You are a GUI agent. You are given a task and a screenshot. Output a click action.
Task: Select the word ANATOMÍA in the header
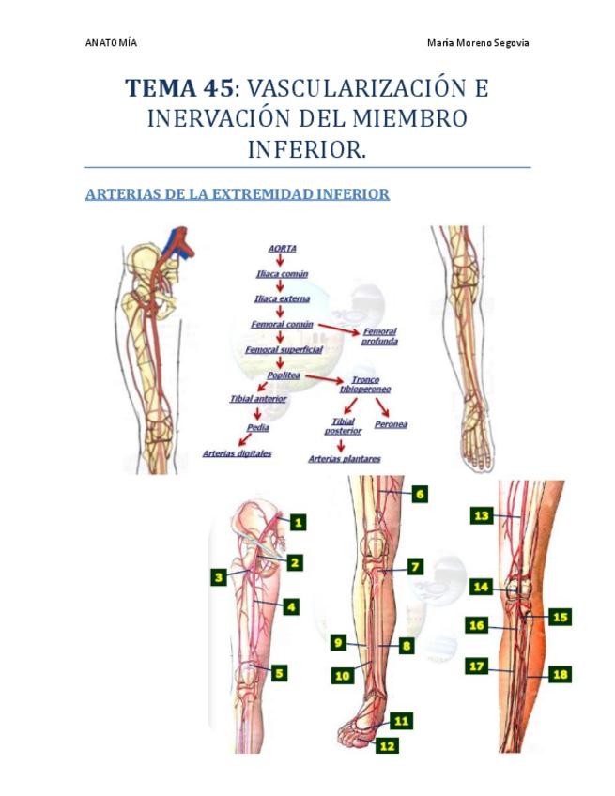point(111,43)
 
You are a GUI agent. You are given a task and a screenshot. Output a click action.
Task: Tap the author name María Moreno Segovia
point(478,43)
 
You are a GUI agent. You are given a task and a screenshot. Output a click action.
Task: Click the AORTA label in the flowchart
point(282,248)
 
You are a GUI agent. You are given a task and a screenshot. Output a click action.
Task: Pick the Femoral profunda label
point(379,336)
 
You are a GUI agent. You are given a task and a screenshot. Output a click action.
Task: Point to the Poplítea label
point(284,375)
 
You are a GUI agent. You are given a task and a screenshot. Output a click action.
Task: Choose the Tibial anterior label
point(258,399)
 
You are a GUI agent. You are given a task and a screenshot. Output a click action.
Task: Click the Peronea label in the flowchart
point(391,424)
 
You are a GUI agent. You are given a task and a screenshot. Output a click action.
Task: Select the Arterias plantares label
point(345,459)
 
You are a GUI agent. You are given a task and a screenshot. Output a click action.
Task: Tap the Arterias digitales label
point(237,453)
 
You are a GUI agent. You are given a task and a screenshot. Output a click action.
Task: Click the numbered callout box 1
point(297,522)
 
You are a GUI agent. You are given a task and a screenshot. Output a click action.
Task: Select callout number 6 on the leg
point(419,494)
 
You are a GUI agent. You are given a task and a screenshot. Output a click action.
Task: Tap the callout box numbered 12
point(386,744)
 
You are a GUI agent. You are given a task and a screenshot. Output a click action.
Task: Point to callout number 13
point(482,516)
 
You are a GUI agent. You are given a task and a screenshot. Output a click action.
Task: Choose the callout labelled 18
point(561,674)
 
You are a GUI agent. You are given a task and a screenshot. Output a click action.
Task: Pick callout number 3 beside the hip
point(219,578)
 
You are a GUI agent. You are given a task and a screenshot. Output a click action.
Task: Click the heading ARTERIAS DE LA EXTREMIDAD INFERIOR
point(237,195)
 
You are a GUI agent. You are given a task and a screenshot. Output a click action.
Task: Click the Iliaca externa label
point(282,298)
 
